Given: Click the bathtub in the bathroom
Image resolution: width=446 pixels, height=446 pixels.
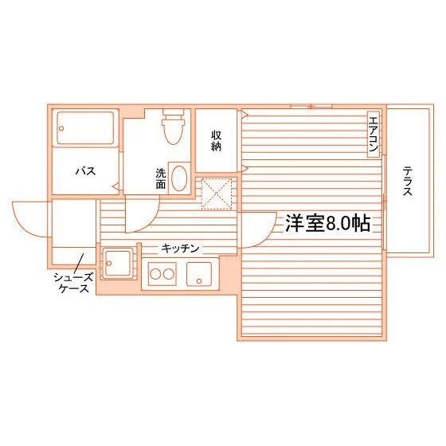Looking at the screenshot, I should click(x=84, y=128).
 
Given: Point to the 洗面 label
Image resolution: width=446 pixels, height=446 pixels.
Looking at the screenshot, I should click(x=161, y=178).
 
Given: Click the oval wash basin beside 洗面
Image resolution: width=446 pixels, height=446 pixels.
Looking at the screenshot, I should click(x=182, y=178).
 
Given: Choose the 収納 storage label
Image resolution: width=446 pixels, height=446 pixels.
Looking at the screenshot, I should click(x=216, y=140).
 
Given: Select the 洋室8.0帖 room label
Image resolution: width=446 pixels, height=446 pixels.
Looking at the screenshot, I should click(x=327, y=223).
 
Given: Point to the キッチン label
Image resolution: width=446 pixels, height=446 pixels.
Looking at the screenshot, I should click(x=180, y=248).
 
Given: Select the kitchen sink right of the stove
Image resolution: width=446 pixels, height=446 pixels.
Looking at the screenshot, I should click(x=199, y=274).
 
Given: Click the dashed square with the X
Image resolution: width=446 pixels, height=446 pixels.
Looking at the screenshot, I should click(x=216, y=194).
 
